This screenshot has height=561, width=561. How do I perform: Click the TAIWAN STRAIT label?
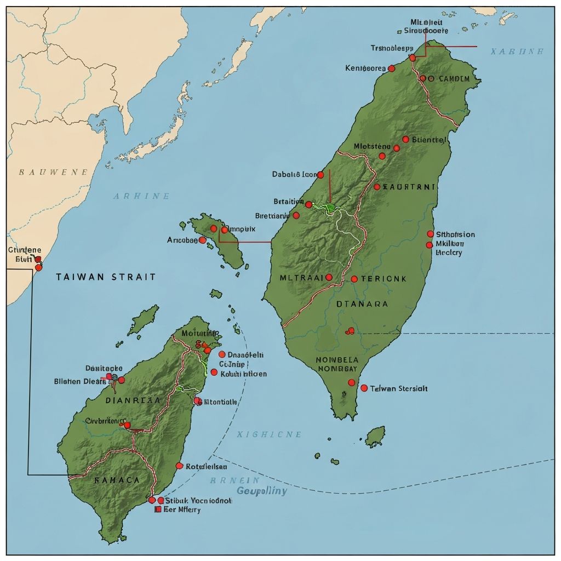[106, 277]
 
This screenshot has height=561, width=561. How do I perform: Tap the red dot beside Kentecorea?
[391, 68]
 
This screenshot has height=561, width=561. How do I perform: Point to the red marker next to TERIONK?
[354, 279]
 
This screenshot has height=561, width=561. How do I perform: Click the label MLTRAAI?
[301, 278]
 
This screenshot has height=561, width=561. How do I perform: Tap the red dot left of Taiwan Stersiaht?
[364, 388]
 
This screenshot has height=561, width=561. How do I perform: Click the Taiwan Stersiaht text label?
[399, 388]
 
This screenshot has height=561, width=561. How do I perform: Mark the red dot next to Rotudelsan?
[179, 466]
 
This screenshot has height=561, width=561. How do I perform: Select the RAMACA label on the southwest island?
[117, 479]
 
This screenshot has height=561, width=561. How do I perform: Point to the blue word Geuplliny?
[261, 490]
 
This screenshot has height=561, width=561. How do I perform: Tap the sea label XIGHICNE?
[268, 434]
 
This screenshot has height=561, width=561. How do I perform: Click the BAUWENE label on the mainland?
[53, 172]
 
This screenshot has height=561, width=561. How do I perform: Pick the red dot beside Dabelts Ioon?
[320, 175]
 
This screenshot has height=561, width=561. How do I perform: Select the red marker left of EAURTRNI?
[377, 187]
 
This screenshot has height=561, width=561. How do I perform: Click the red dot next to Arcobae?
[202, 240]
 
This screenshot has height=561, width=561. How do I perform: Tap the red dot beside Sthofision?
[430, 234]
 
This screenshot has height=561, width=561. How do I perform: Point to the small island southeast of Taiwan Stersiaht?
[375, 437]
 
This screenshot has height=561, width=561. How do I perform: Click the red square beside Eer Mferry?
[158, 510]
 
